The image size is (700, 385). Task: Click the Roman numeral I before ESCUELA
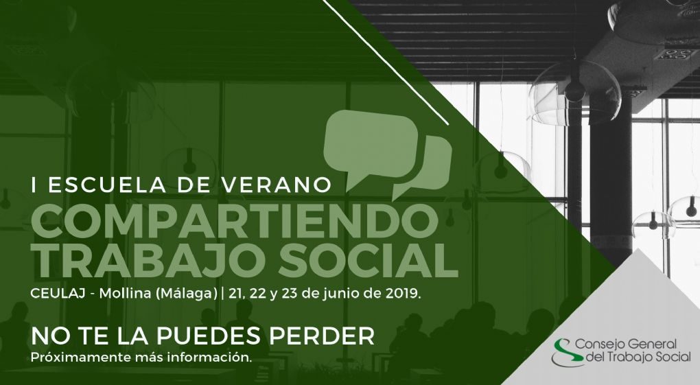(x=34, y=185)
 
